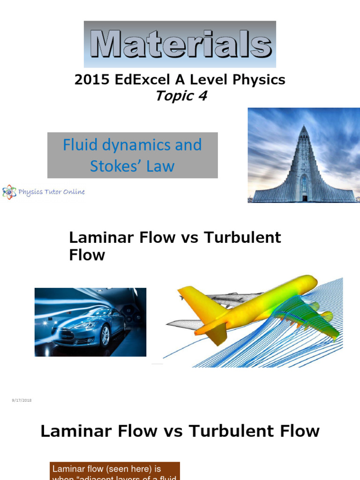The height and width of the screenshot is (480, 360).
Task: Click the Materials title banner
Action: (180, 45)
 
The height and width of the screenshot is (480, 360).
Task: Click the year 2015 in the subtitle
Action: (89, 80)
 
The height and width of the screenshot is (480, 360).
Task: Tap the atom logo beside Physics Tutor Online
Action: (9, 192)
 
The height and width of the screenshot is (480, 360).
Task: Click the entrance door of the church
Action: (304, 198)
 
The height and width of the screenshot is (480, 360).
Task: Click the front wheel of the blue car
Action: (105, 336)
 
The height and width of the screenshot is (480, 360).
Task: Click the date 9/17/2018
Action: (21, 400)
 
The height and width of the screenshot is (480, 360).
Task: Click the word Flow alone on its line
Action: (87, 255)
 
